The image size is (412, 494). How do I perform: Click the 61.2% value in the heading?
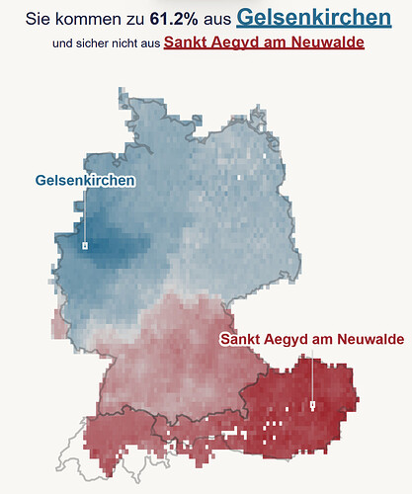(x=172, y=19)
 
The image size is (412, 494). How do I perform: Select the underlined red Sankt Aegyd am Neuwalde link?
(x=264, y=42)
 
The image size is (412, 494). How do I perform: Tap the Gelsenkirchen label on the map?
(x=85, y=180)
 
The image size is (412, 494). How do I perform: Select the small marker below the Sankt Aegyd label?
(x=312, y=405)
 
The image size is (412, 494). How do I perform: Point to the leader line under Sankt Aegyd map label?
(x=312, y=375)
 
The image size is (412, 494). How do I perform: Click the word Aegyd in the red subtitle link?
(x=229, y=42)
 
